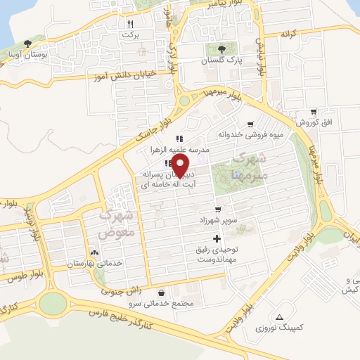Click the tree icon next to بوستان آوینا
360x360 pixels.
click(x=27, y=43)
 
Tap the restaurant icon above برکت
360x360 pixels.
click(x=130, y=23)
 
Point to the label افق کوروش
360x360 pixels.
click(x=308, y=122)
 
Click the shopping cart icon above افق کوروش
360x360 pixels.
click(x=313, y=111)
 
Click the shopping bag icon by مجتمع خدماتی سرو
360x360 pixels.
click(x=162, y=292)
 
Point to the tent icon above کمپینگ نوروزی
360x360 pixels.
click(x=280, y=317)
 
